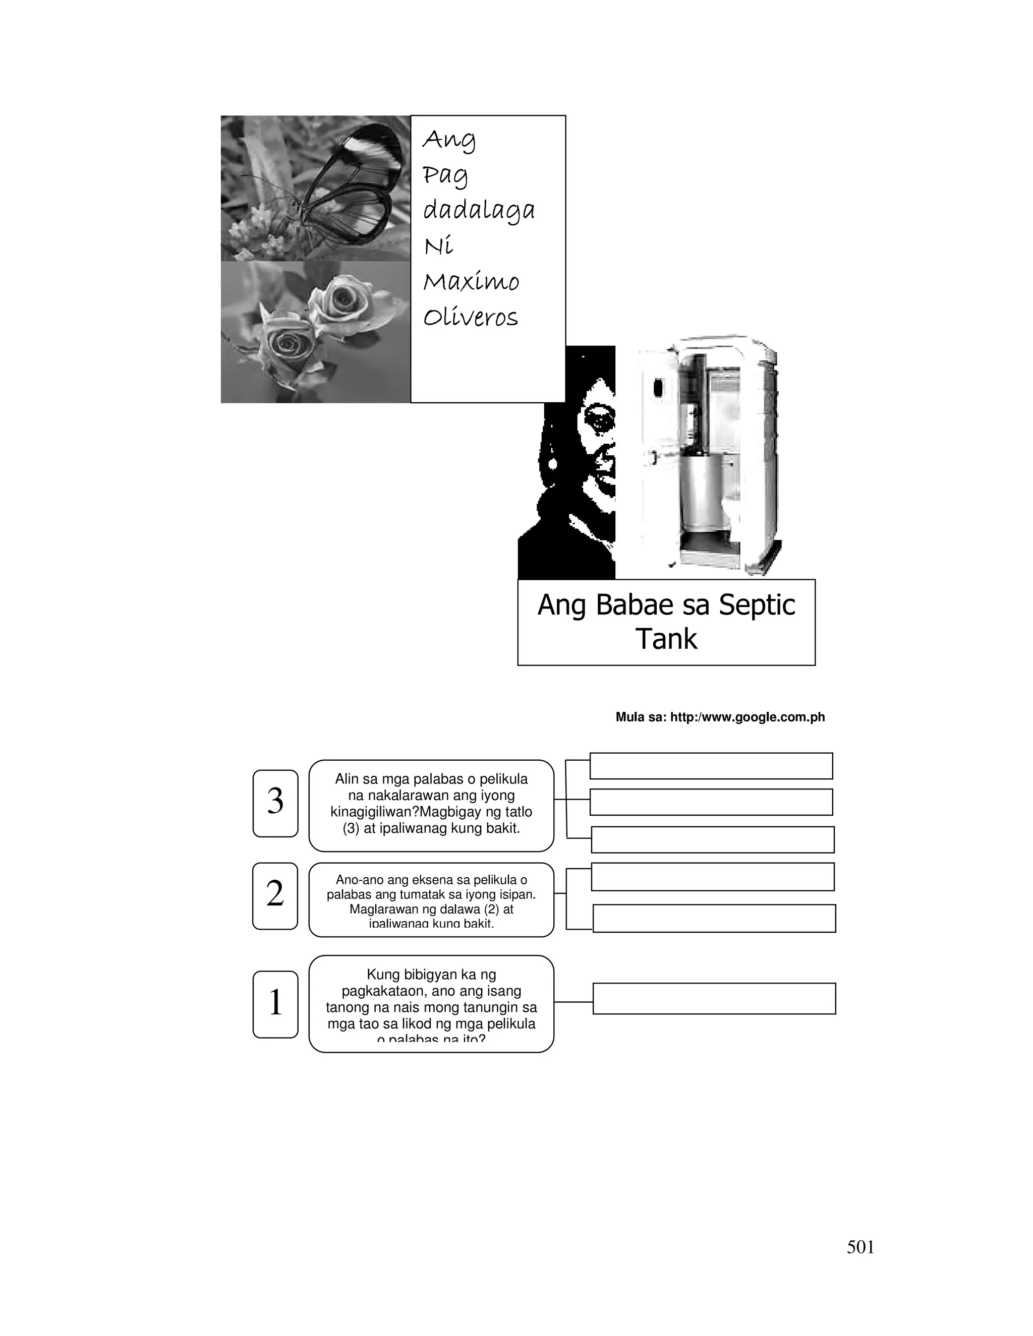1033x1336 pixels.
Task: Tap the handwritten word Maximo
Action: pyautogui.click(x=471, y=282)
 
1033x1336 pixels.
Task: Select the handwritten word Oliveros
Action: pyautogui.click(x=470, y=318)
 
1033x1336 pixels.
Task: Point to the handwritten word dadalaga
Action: pyautogui.click(x=479, y=210)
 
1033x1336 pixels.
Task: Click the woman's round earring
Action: pyautogui.click(x=553, y=464)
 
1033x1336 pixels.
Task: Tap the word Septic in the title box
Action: pyautogui.click(x=757, y=605)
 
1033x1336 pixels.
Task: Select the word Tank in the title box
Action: pyautogui.click(x=666, y=639)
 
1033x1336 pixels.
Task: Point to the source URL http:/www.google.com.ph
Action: pyautogui.click(x=747, y=717)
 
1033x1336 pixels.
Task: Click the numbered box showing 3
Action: pyautogui.click(x=275, y=803)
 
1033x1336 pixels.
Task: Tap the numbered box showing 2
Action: pyautogui.click(x=275, y=895)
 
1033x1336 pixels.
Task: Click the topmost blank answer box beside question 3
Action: pyautogui.click(x=711, y=765)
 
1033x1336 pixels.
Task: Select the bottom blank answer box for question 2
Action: pyautogui.click(x=714, y=918)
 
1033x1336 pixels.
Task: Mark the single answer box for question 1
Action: pyautogui.click(x=714, y=998)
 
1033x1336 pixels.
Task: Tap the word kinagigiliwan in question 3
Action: pyautogui.click(x=375, y=812)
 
